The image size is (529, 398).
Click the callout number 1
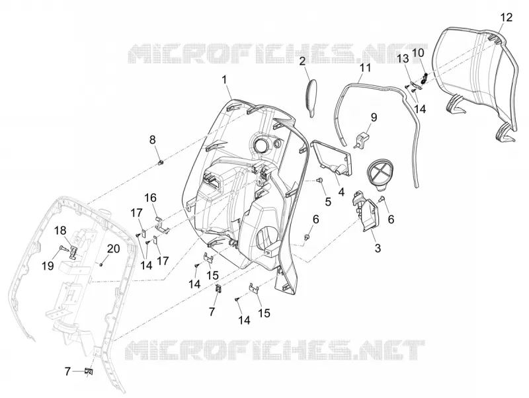[224, 80]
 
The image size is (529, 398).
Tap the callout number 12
[506, 17]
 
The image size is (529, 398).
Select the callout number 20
[113, 249]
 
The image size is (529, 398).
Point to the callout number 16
[151, 198]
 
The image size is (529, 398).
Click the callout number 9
[374, 118]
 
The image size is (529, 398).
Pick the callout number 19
[48, 266]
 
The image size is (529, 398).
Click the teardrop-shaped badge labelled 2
[311, 98]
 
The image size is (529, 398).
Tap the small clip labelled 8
[161, 163]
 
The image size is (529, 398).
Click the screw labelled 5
[321, 181]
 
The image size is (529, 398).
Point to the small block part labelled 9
[362, 139]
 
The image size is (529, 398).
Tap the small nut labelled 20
[101, 264]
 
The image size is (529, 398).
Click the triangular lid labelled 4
[331, 158]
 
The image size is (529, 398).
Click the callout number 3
[378, 248]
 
